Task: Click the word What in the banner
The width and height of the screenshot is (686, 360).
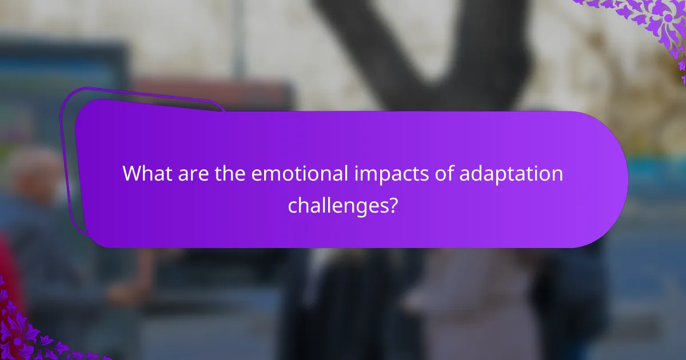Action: click(146, 174)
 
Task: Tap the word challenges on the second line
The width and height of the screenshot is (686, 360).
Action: click(334, 205)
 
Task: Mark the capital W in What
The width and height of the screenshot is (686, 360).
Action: click(131, 174)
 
